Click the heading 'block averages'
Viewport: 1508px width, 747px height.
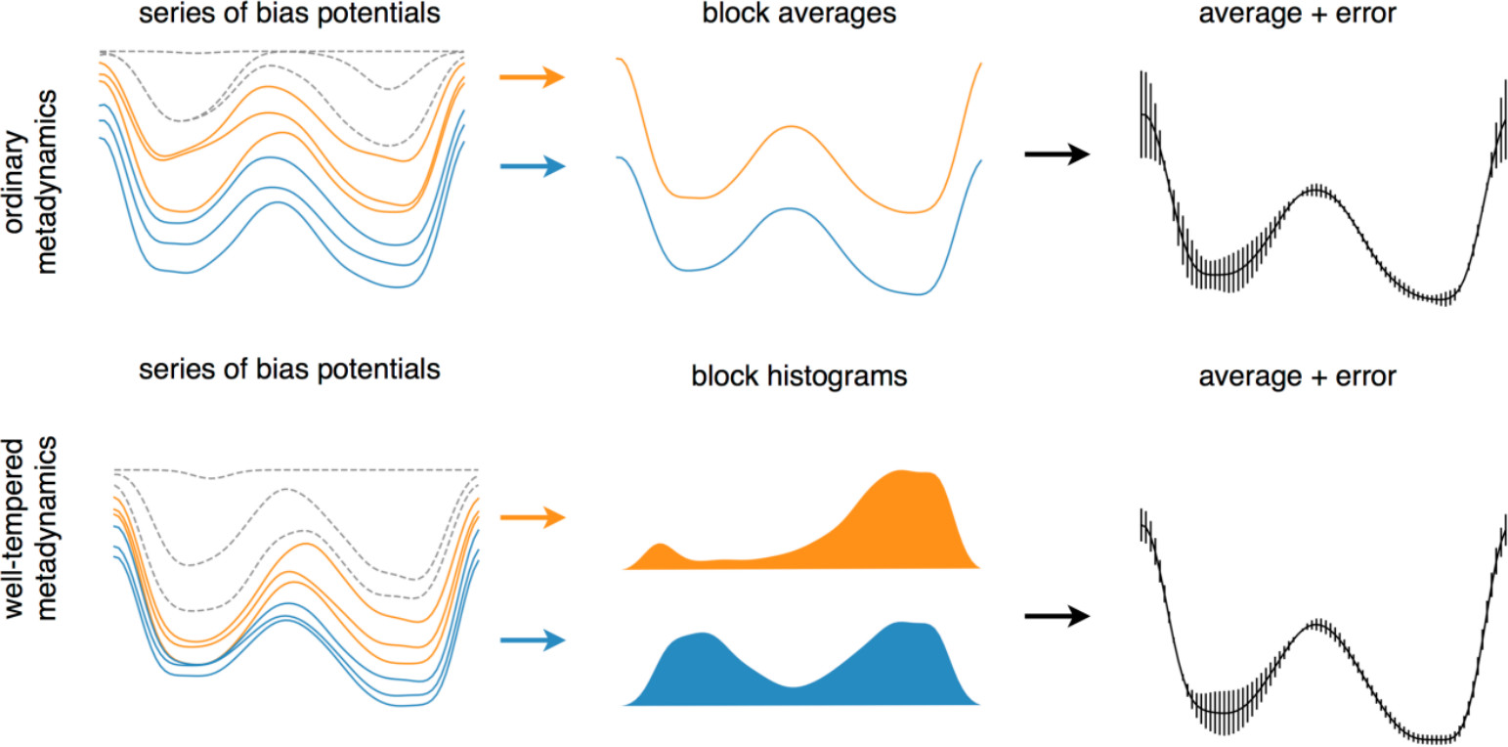click(798, 15)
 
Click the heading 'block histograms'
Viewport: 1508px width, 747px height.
click(799, 376)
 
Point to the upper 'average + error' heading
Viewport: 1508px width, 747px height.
click(1298, 15)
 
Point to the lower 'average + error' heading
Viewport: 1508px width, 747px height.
click(1298, 376)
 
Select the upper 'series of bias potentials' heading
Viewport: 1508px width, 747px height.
click(288, 15)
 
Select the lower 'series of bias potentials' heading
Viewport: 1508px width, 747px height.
click(288, 372)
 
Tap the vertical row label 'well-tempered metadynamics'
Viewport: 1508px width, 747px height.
click(32, 528)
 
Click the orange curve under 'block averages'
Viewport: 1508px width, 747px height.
click(794, 127)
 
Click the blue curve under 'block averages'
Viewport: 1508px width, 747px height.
click(794, 209)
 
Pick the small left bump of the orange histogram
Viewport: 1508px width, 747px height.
click(662, 552)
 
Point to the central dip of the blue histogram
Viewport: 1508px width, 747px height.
click(794, 694)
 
